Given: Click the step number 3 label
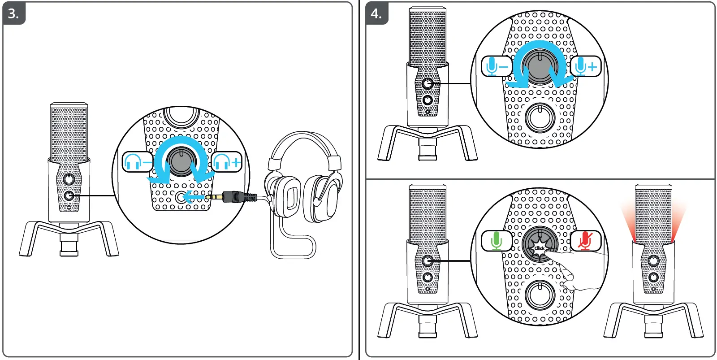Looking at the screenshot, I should (13, 13).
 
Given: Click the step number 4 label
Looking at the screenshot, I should (376, 13).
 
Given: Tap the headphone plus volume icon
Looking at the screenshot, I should (227, 162).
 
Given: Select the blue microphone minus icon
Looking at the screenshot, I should (497, 66).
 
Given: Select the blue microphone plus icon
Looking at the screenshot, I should (585, 66).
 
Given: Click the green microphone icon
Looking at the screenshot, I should (497, 241).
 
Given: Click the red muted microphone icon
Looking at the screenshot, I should (585, 241).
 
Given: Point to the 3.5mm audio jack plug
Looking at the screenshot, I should (233, 196).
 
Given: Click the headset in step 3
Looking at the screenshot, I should (305, 179).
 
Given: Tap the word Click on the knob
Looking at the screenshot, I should (540, 248).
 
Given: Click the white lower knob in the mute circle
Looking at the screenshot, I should (540, 295).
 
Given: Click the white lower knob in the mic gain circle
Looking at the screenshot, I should (540, 117).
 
